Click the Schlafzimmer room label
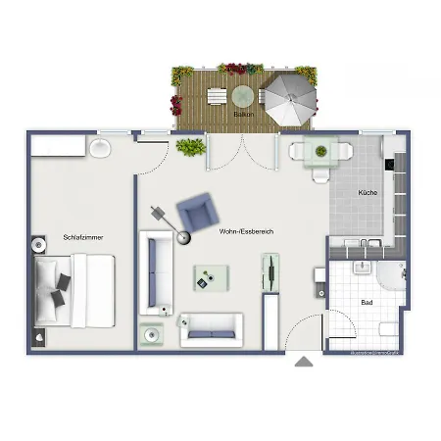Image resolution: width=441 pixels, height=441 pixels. click(83, 237)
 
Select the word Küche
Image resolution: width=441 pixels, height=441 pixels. click(367, 192)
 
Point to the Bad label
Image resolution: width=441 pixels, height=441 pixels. click(367, 303)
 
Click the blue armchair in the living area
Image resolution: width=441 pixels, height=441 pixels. click(198, 210)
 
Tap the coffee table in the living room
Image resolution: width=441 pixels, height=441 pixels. click(210, 278)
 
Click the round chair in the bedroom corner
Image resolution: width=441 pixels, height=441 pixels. click(101, 148)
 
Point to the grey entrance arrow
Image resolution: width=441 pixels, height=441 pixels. click(304, 362)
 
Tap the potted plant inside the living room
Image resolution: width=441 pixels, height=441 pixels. click(190, 147)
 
